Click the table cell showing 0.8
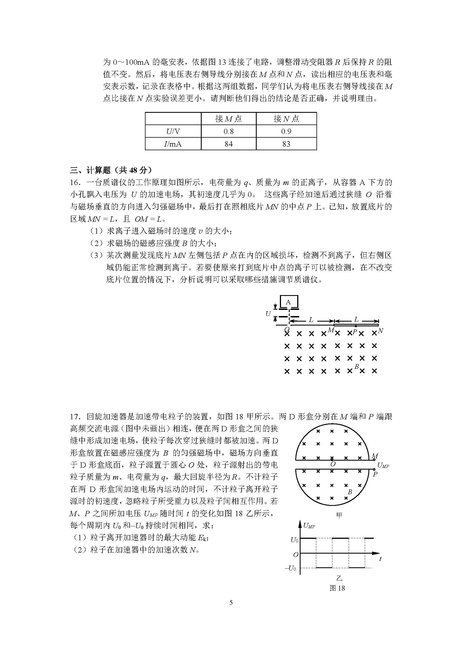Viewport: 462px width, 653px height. click(228, 131)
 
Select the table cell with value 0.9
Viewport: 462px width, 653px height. click(286, 131)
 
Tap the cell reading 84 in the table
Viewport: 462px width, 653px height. click(228, 144)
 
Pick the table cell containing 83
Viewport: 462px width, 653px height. click(286, 144)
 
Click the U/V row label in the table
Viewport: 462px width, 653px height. click(173, 131)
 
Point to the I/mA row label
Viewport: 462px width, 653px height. click(173, 144)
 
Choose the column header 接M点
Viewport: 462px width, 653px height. click(228, 119)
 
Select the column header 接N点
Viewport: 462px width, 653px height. click(286, 119)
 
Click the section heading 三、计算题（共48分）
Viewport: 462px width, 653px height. click(111, 170)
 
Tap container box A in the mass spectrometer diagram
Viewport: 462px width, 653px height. click(289, 302)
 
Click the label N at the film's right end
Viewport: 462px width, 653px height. click(381, 331)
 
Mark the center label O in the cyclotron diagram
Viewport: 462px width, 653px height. click(333, 464)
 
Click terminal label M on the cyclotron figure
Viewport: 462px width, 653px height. click(375, 456)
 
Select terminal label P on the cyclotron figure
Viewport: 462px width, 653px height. click(375, 474)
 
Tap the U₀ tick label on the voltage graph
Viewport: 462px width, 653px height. click(294, 540)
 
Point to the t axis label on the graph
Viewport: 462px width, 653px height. click(380, 559)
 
